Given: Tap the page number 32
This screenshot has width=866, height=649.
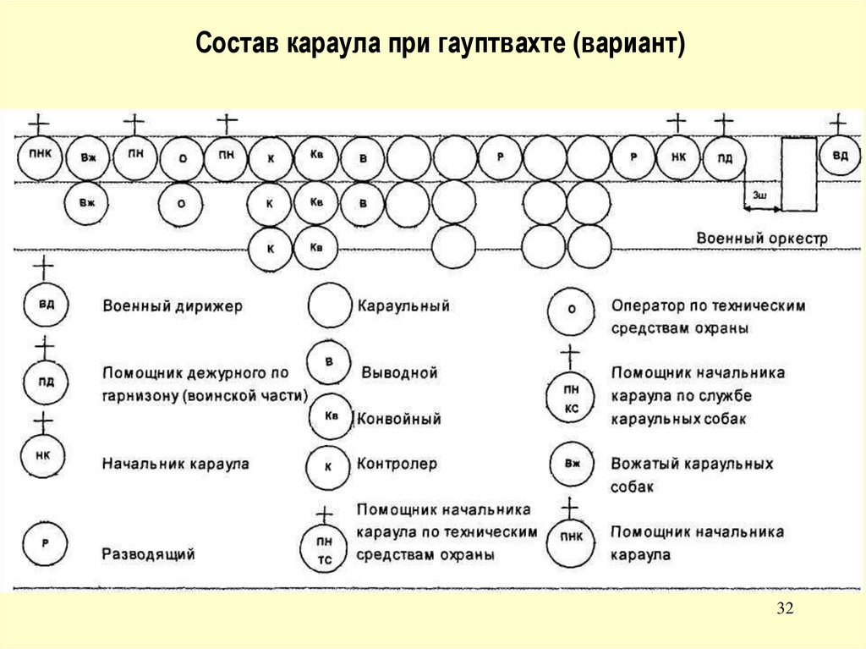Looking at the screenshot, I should tap(787, 611).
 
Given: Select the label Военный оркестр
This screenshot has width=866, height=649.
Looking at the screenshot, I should tap(762, 239).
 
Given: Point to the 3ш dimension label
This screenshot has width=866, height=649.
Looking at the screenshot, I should tap(759, 195).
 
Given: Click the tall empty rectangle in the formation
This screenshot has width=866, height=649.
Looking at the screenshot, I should tap(798, 173).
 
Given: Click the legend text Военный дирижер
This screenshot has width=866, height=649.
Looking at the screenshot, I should tap(172, 306).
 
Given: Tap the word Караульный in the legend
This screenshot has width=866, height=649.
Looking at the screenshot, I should tap(403, 306).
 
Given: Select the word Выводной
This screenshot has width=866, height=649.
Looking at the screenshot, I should tap(399, 373).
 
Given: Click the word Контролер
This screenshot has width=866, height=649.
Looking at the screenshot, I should tap(397, 464).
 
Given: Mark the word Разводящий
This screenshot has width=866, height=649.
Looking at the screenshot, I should tap(149, 555).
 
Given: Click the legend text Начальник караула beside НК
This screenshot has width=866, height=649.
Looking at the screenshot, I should tap(175, 464).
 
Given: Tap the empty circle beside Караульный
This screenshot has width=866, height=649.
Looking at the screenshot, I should tap(330, 306).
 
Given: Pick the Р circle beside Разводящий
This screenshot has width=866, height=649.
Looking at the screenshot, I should tap(45, 546).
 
